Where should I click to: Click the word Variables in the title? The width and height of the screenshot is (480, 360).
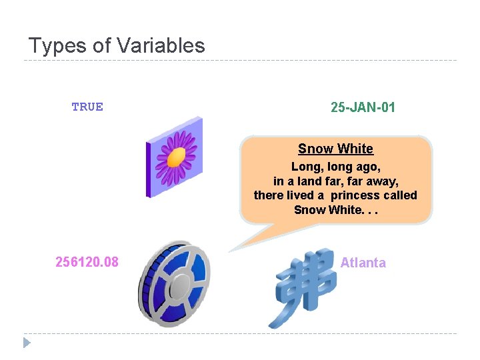click(161, 45)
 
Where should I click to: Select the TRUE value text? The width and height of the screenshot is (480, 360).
click(87, 107)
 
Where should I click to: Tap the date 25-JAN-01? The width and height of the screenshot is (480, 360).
click(363, 107)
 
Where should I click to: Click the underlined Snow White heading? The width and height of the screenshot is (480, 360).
click(335, 149)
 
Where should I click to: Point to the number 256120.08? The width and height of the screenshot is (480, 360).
click(87, 262)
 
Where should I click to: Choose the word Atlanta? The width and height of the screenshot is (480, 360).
click(363, 263)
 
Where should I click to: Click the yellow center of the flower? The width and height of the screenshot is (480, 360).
click(176, 158)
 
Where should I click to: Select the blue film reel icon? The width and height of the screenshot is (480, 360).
click(173, 283)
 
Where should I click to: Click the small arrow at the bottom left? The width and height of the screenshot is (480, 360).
click(27, 343)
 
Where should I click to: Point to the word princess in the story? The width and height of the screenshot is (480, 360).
click(354, 195)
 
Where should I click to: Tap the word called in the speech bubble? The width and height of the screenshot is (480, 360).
click(400, 195)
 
